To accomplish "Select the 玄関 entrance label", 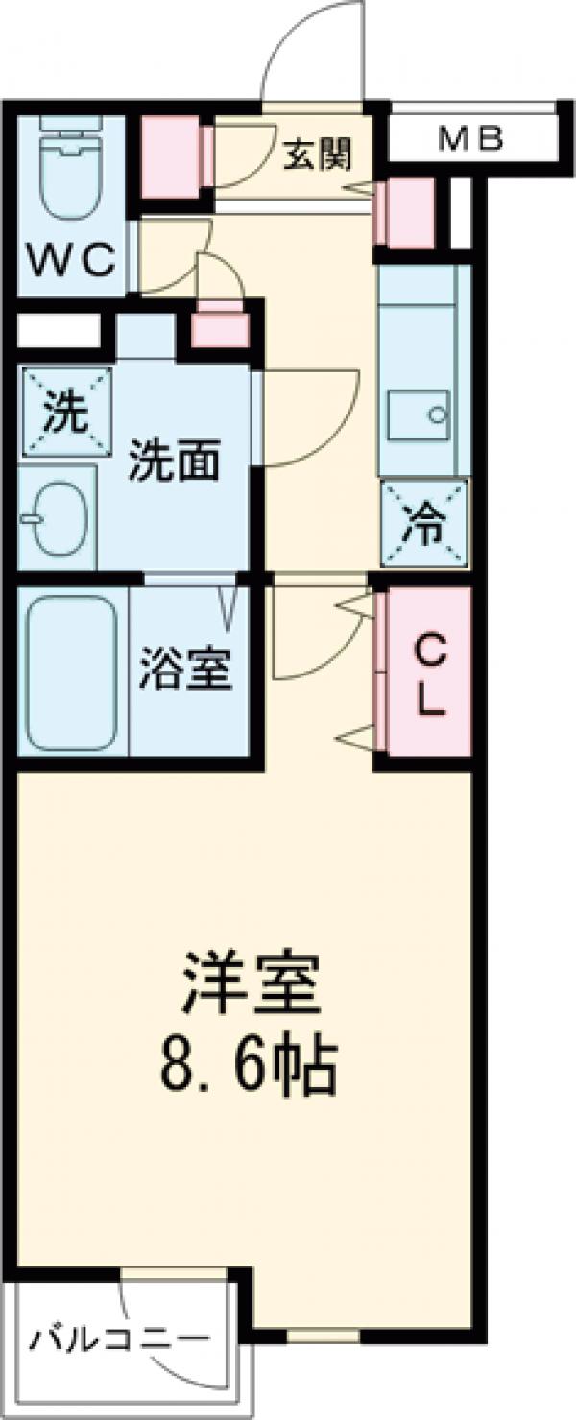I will tap(316, 154).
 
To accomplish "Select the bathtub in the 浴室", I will tap(72, 673).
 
